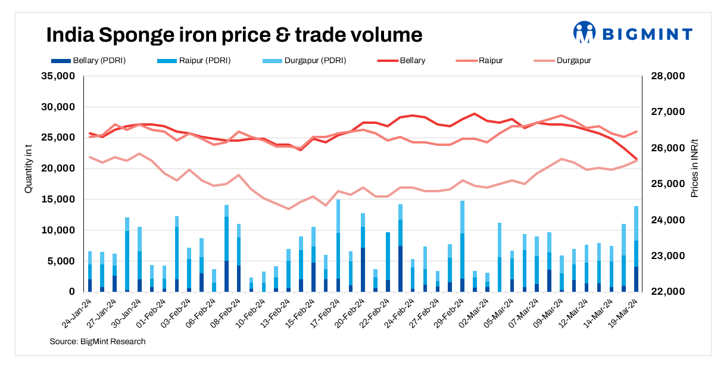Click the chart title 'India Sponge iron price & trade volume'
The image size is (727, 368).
234,35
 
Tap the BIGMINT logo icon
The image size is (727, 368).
584,33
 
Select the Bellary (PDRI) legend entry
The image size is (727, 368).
89,60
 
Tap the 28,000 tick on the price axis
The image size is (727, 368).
669,76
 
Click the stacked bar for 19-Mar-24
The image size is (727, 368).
636,250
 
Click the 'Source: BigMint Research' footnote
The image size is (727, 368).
98,341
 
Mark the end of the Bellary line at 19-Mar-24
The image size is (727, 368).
636,159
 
